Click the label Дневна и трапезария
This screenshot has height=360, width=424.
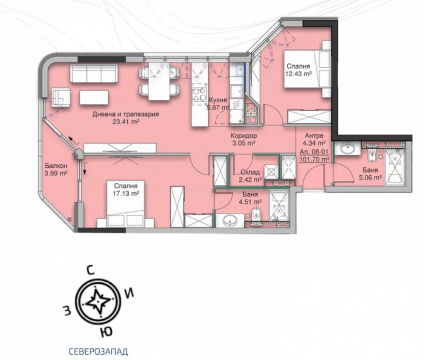tap(125, 114)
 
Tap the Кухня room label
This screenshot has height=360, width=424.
tap(218, 100)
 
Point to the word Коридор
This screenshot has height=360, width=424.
tap(244, 136)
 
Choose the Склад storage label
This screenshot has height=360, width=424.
tap(250, 172)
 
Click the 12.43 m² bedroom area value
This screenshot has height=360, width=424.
tap(298, 74)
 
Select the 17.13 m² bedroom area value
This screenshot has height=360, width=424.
tap(126, 194)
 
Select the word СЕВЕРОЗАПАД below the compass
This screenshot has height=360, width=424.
tap(98, 350)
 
